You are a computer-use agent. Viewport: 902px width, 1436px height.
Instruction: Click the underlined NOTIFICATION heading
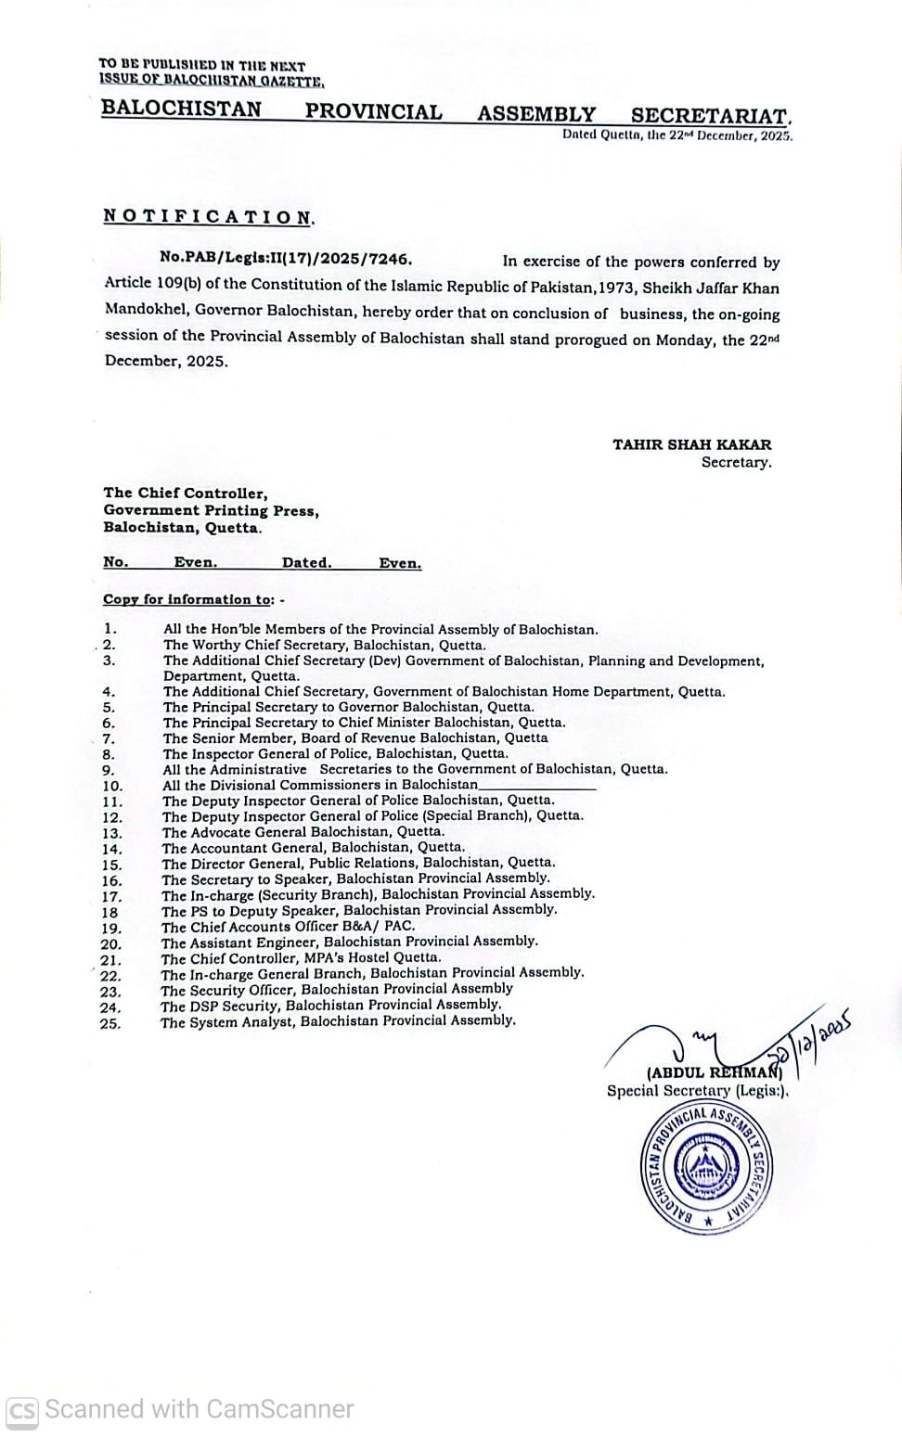click(x=209, y=217)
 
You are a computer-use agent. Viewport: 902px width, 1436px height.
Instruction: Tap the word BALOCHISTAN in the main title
click(x=181, y=109)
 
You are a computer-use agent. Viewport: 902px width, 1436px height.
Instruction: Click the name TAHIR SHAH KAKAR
click(x=691, y=444)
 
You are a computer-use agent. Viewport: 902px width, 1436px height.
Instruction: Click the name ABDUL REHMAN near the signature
click(x=715, y=1074)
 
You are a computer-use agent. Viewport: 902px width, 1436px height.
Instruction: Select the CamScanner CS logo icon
click(x=22, y=1411)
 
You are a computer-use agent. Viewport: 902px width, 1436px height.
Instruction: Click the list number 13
click(x=111, y=833)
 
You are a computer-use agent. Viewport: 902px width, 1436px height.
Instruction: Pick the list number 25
click(x=110, y=1024)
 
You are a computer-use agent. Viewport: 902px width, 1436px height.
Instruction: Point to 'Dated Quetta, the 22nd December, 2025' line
click(x=676, y=135)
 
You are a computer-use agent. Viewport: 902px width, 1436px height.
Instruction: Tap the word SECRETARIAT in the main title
click(x=710, y=115)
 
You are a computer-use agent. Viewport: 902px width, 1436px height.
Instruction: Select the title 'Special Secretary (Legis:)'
click(x=697, y=1091)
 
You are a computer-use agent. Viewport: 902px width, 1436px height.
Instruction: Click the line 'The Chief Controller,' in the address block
click(x=185, y=493)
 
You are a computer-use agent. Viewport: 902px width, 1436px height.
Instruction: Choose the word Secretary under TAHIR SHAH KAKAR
click(x=736, y=462)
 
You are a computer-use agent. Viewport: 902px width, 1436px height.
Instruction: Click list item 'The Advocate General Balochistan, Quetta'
click(x=303, y=831)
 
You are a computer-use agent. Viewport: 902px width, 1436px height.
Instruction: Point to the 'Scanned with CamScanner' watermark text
click(x=199, y=1410)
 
